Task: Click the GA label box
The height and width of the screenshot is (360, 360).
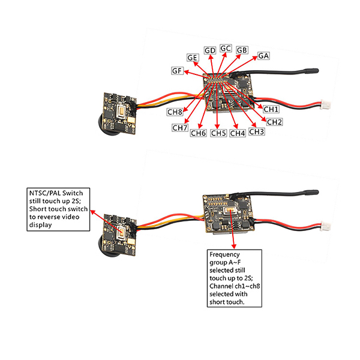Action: [x=263, y=56]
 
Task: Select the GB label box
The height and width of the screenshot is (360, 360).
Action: [x=242, y=50]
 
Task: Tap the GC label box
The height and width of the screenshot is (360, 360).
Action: [x=226, y=48]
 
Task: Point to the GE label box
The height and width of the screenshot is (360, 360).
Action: [x=193, y=58]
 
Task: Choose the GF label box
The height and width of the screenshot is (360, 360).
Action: [x=177, y=71]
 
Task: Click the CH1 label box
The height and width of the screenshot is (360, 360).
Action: [x=271, y=109]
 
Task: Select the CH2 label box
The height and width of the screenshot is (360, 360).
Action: [x=274, y=122]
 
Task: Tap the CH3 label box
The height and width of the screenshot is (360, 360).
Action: [x=256, y=131]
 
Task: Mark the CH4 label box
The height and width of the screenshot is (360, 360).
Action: [x=238, y=133]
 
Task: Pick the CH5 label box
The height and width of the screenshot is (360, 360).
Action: [x=218, y=133]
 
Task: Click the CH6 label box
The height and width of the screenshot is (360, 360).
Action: [x=199, y=133]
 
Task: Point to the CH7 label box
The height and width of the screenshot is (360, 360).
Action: [x=180, y=128]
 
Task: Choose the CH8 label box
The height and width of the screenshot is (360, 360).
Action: [x=175, y=112]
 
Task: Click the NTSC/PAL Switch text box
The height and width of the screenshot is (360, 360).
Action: [x=59, y=209]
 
